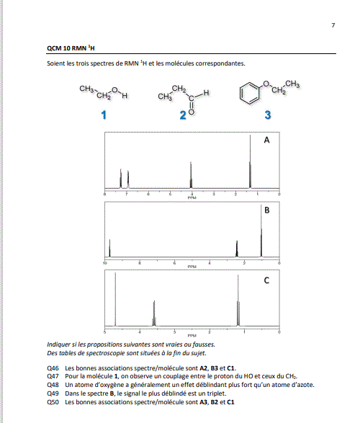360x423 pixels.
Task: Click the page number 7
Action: tap(333, 25)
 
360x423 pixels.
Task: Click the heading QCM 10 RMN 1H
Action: tap(71, 48)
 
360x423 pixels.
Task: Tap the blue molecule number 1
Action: tap(104, 115)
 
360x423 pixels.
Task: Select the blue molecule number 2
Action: tap(183, 115)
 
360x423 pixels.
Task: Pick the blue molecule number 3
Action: tap(268, 115)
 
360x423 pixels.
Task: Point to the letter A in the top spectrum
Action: tap(266, 140)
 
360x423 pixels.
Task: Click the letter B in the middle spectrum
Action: tap(267, 210)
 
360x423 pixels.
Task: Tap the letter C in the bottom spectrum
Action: tap(266, 280)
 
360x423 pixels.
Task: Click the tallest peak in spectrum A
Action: tap(250, 161)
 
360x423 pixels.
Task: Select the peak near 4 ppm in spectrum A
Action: tap(191, 175)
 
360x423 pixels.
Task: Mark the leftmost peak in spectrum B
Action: tap(109, 248)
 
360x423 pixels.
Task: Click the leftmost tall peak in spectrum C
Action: tap(115, 299)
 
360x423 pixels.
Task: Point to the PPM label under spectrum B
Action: tap(192, 267)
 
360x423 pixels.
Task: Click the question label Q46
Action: tap(53, 368)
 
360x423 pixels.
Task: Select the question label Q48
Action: tap(53, 385)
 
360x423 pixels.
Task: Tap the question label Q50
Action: tap(53, 402)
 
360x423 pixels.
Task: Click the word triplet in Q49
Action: tap(217, 393)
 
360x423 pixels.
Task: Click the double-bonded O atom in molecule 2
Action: tap(191, 112)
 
